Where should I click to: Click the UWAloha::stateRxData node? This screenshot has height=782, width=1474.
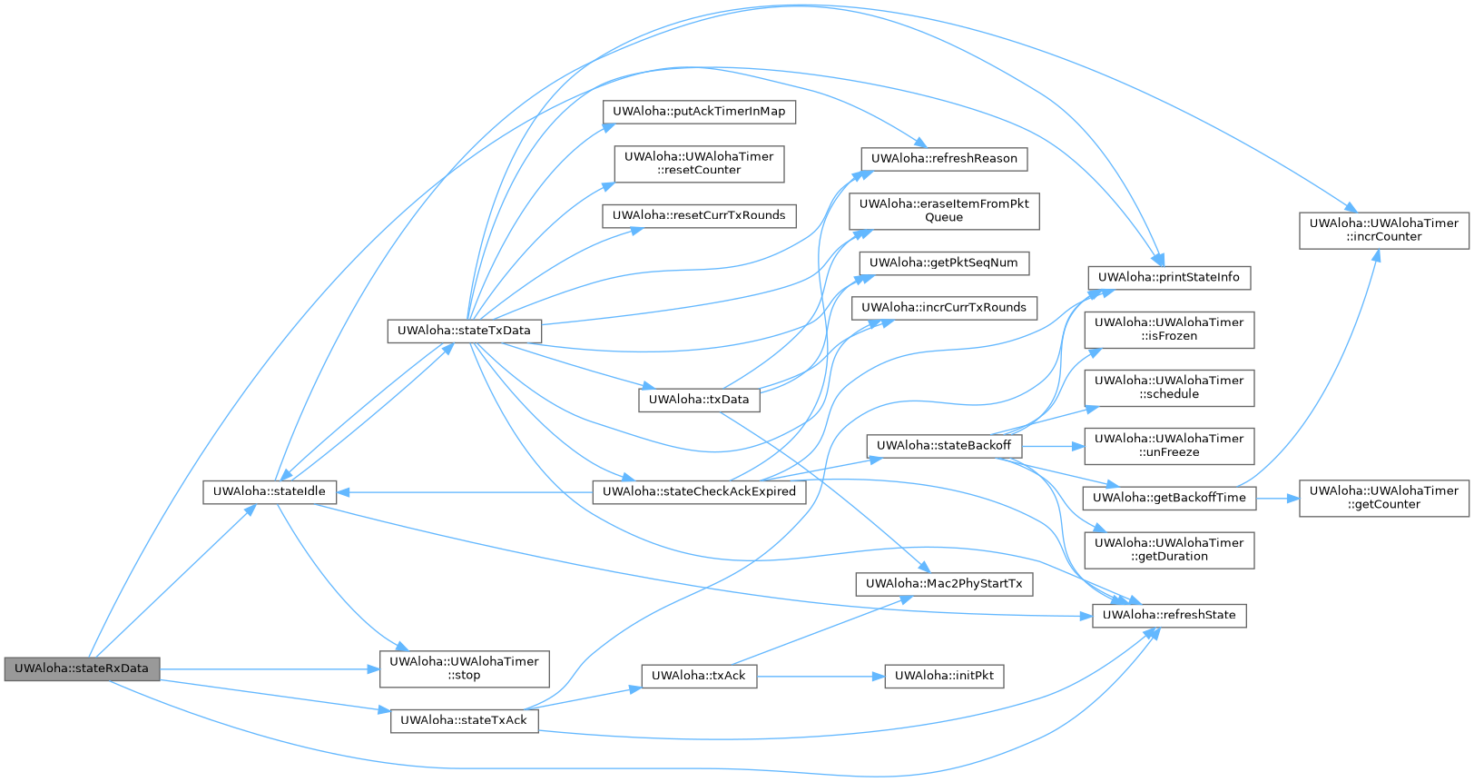(82, 668)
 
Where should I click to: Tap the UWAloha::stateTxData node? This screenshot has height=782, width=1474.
(464, 331)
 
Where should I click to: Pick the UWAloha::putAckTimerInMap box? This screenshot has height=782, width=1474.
(699, 112)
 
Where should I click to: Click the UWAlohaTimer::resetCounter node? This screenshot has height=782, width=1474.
(699, 163)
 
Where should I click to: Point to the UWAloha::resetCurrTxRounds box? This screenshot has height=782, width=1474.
(699, 215)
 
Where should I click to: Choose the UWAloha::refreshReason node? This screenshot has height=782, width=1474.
(944, 159)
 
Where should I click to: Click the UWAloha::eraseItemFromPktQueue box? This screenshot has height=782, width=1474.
(944, 211)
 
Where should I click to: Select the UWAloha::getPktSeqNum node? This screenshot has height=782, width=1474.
(944, 263)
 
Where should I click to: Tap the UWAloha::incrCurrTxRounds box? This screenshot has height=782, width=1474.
(944, 308)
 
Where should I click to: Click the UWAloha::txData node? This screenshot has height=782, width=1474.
(699, 400)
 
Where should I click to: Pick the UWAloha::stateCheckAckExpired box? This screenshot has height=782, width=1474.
(699, 492)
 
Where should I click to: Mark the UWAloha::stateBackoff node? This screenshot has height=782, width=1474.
(944, 446)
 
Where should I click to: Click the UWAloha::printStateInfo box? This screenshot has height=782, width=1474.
(1169, 278)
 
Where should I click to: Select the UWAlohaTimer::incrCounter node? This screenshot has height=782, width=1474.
(1384, 230)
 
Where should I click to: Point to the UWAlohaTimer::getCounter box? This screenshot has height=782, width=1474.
(1384, 498)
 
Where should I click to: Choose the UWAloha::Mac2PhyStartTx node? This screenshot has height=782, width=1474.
(944, 584)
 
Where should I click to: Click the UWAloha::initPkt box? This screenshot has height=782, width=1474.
(944, 676)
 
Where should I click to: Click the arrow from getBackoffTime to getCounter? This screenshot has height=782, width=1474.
(1278, 498)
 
